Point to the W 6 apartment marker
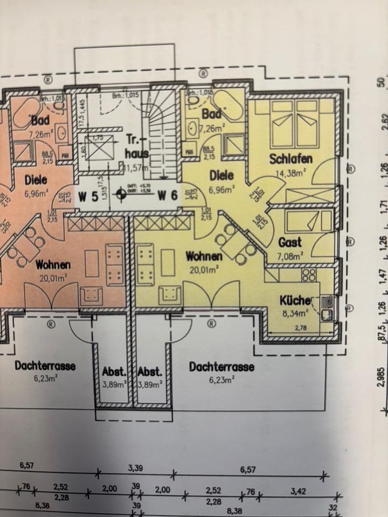pyautogui.click(x=168, y=197)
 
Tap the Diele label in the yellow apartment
pyautogui.click(x=221, y=176)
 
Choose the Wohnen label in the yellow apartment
pyautogui.click(x=204, y=256)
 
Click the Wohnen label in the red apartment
pyautogui.click(x=53, y=264)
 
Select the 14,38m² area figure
pyautogui.click(x=291, y=173)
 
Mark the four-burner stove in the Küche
pyautogui.click(x=308, y=276)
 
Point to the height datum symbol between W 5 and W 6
pyautogui.click(x=122, y=195)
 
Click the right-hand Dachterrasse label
pyautogui.click(x=221, y=367)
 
